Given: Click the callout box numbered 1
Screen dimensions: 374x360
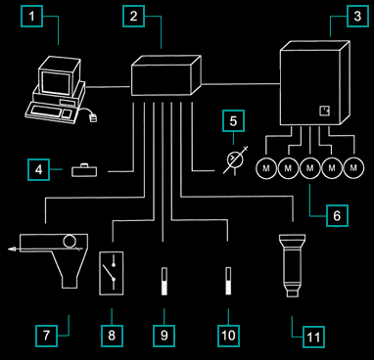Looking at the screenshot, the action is pos(31,17).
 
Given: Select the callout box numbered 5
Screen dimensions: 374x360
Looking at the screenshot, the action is pos(233,121).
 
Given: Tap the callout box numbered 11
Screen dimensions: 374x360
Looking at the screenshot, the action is pos(313,337).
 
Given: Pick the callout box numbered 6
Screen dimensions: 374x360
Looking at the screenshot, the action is pos(337,215).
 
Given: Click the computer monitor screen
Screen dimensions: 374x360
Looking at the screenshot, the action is pos(56,84).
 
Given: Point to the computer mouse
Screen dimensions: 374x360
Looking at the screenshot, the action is pos(94,118).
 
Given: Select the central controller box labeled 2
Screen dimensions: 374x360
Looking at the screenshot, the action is pos(166,75).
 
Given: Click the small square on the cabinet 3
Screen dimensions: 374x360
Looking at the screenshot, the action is pos(324,111).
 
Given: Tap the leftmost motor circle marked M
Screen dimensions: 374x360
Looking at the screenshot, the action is pos(266,168).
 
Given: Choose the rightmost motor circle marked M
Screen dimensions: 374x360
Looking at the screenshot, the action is pos(353,168).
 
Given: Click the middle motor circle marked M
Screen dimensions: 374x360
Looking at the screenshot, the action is pos(310,168).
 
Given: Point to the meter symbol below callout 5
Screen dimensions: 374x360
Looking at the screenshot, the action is pos(235,159).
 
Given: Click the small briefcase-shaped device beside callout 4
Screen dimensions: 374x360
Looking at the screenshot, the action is pos(84,170).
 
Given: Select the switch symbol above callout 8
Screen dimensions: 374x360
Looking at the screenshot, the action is pos(111,273).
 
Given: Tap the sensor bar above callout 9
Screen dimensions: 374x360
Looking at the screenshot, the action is pos(164,282).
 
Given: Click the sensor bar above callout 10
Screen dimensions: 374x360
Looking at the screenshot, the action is pos(228,281).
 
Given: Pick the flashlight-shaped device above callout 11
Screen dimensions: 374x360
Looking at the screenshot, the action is pos(292,265).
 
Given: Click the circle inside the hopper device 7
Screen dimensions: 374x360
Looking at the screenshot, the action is pos(70,242).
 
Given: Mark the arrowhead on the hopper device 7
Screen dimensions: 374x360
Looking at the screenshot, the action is pos(12,249).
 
